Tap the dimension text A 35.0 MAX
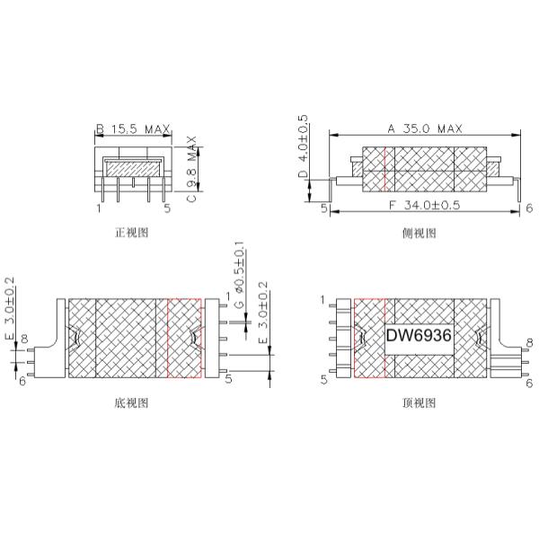425,129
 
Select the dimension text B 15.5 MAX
133,129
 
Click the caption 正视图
132,233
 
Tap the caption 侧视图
420,233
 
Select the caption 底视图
132,403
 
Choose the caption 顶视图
420,403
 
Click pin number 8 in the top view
529,342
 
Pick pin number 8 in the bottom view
24,339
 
